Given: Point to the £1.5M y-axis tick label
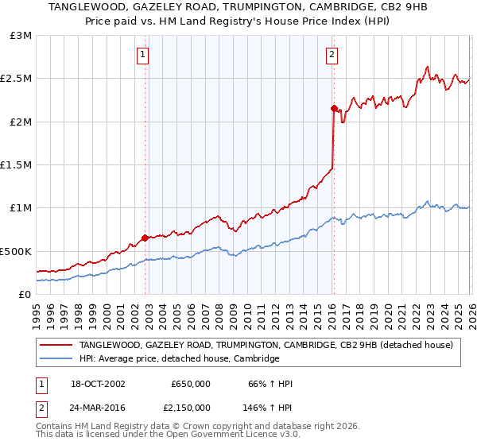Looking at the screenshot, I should (x=17, y=165).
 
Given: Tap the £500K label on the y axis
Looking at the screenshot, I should (x=16, y=251).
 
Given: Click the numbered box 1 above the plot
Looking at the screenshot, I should (x=142, y=55).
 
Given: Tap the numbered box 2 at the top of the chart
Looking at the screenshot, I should (x=331, y=55).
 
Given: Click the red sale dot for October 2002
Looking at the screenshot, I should (x=145, y=238).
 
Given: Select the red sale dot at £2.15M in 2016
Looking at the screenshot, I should (x=333, y=108).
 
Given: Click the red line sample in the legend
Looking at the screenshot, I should (x=56, y=345).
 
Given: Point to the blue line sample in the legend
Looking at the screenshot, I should (x=56, y=358).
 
